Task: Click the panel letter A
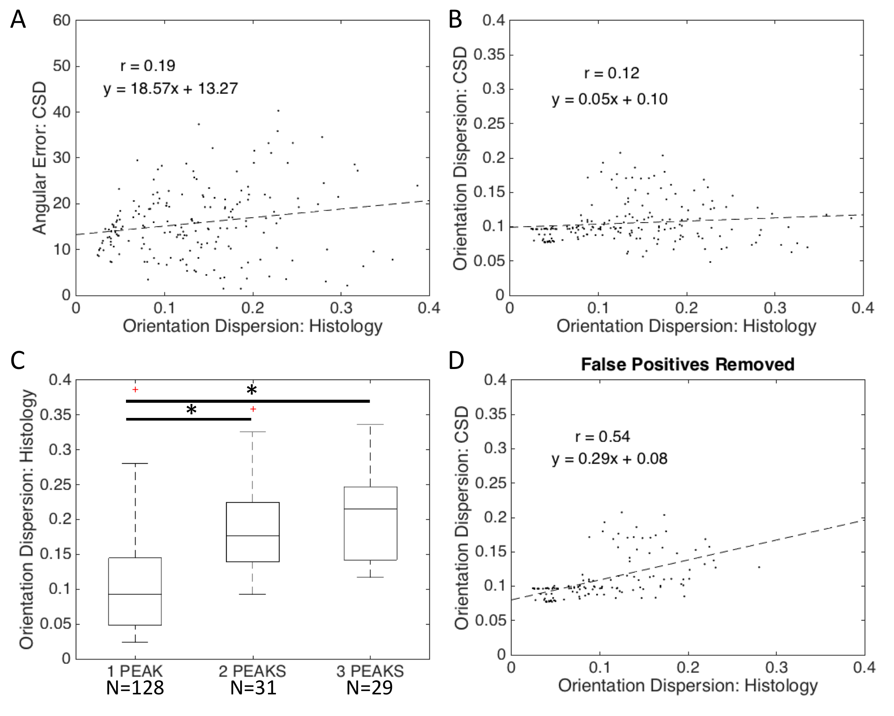point(18,19)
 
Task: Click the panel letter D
point(456,361)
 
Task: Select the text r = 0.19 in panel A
point(148,66)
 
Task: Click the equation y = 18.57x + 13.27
point(170,89)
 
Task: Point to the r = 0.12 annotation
point(611,73)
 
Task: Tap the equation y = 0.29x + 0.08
point(609,459)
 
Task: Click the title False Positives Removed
point(687,364)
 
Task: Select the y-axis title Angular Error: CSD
point(40,158)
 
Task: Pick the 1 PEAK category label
point(135,671)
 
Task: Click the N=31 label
point(253,688)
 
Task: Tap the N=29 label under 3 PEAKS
point(370,688)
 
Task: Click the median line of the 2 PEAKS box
point(252,536)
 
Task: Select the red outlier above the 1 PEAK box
point(135,389)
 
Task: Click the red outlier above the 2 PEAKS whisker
point(253,409)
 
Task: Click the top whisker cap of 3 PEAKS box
point(370,424)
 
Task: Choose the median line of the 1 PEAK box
point(135,594)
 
